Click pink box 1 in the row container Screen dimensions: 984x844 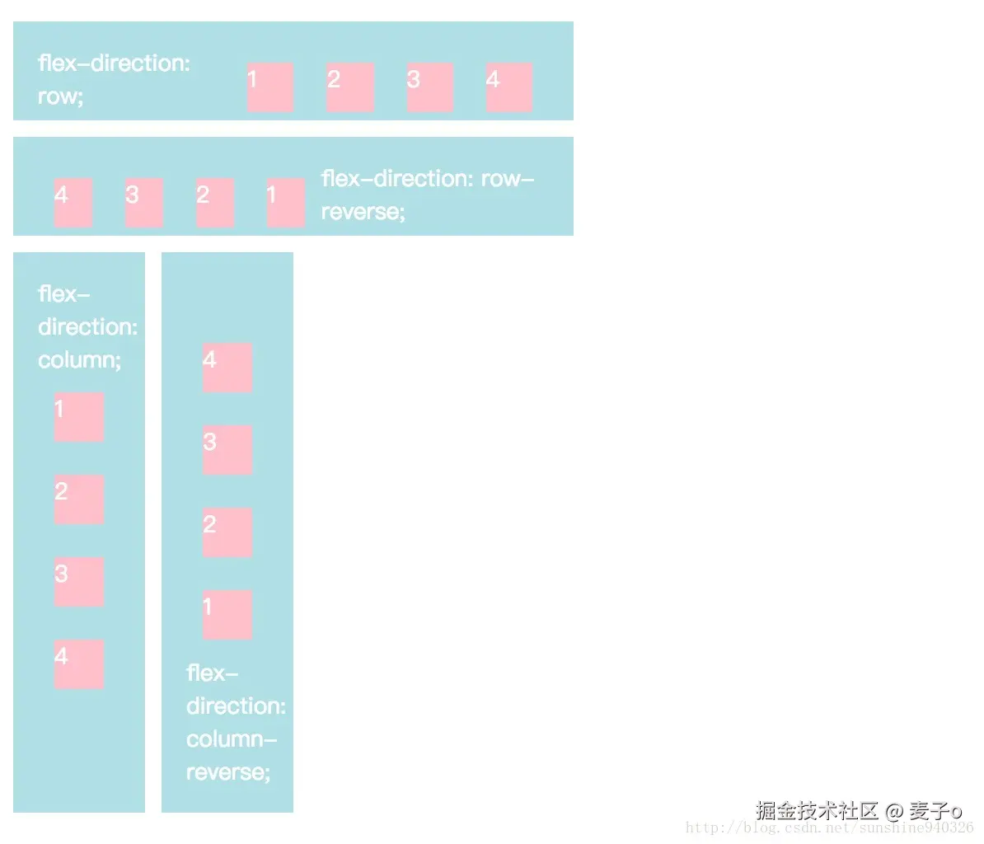270,87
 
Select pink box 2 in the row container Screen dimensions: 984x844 350,87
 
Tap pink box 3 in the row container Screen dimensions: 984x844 430,87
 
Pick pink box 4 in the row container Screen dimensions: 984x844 509,87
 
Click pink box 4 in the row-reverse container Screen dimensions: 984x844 73,203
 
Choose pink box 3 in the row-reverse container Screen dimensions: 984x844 144,203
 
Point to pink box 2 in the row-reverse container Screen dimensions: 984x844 215,203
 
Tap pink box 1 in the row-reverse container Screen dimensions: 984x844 286,203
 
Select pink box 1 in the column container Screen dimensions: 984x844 79,417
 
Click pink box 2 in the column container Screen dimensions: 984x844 79,499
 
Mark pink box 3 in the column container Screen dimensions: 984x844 79,582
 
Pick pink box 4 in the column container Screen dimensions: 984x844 79,664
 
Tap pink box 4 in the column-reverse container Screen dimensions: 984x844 227,368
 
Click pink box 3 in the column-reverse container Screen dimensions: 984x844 227,450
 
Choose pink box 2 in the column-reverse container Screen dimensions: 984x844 227,532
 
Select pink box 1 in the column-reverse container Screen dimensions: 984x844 227,615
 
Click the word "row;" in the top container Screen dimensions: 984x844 61,97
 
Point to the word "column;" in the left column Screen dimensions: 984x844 80,360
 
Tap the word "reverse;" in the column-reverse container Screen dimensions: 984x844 228,772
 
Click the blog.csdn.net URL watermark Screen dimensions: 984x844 829,828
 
